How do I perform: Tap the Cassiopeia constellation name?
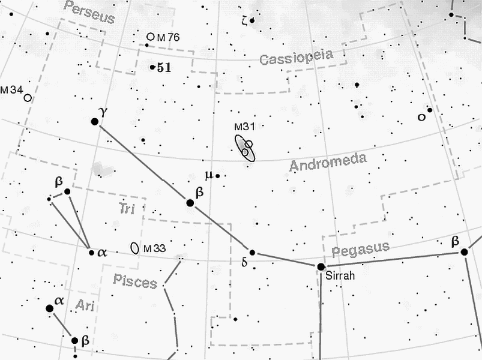tap(296, 58)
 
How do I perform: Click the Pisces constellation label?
tap(134, 280)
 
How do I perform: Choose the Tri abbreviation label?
tap(126, 209)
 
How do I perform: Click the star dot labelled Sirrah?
tap(321, 266)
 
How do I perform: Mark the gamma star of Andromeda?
tap(94, 121)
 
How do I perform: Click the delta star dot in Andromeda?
tap(253, 253)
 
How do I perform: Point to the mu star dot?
tap(218, 176)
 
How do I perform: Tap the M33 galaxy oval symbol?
tap(135, 247)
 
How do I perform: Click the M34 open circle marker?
tap(27, 97)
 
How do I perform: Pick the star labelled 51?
tap(152, 67)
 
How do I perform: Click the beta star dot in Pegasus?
tap(464, 252)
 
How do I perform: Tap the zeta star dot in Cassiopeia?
tap(252, 20)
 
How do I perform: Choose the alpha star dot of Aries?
tap(50, 308)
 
